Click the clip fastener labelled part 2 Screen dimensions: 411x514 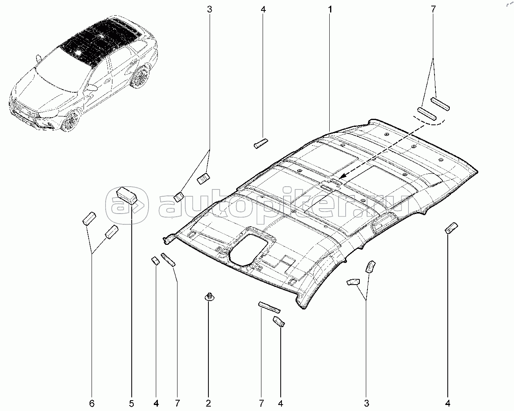tap(209, 297)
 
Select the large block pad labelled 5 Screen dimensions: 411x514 tap(127, 195)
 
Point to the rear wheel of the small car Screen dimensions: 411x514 tap(141, 78)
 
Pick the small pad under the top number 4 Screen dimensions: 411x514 tap(261, 143)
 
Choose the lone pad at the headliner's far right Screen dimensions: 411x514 tap(451, 228)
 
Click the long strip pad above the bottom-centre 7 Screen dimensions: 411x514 tap(269, 307)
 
